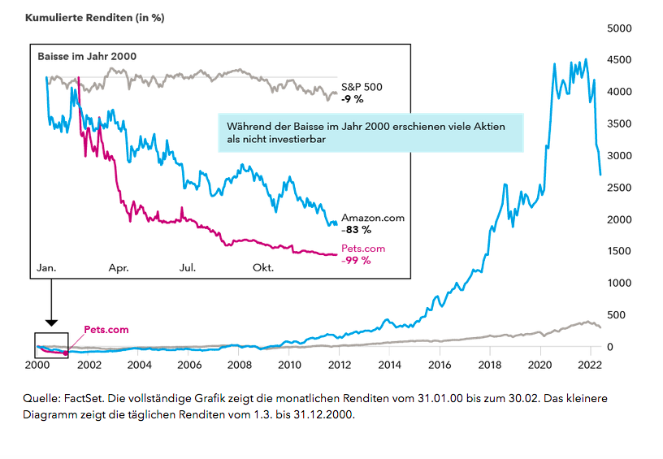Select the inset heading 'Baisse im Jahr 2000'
click(x=87, y=56)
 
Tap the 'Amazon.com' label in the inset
click(x=372, y=218)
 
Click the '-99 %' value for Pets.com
click(x=356, y=260)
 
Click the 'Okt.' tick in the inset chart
click(x=263, y=266)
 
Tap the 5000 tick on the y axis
click(x=619, y=28)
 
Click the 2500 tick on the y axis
click(x=619, y=188)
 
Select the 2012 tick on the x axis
click(x=340, y=365)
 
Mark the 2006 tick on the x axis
click(x=188, y=365)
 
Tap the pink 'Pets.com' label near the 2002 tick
click(x=106, y=330)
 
